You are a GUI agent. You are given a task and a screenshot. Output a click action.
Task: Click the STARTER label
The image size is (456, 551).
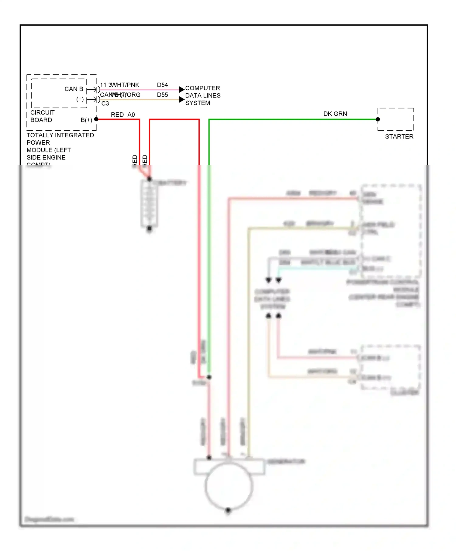399,137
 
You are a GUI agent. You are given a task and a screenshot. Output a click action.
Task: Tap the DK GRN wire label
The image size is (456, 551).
335,114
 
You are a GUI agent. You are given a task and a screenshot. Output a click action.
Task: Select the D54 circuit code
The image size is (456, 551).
162,85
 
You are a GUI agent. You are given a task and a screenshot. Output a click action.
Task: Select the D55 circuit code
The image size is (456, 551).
162,95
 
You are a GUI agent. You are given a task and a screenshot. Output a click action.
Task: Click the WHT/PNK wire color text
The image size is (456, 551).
126,85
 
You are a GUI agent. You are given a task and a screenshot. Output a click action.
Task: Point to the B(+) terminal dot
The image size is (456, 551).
96,119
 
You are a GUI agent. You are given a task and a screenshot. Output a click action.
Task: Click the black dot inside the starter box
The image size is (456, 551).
378,119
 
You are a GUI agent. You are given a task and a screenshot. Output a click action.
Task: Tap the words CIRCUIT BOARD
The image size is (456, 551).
42,116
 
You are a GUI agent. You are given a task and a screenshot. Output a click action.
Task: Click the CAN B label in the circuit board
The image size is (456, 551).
74,89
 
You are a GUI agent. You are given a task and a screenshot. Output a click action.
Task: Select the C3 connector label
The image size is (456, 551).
105,104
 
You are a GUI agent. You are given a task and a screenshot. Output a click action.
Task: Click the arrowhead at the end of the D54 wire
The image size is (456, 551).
182,90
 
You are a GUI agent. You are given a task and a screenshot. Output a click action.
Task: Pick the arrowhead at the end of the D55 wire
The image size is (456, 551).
182,100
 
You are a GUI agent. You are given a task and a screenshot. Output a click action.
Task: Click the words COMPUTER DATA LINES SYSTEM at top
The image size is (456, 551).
203,96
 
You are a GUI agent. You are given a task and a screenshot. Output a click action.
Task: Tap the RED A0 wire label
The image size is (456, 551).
123,115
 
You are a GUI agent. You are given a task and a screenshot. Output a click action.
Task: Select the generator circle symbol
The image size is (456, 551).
229,486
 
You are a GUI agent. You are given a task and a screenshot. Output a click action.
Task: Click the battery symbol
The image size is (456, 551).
149,204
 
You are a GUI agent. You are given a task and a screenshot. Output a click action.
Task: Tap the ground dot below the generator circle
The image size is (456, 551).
228,510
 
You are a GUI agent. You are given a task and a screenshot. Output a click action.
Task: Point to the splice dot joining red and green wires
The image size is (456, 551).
209,377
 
